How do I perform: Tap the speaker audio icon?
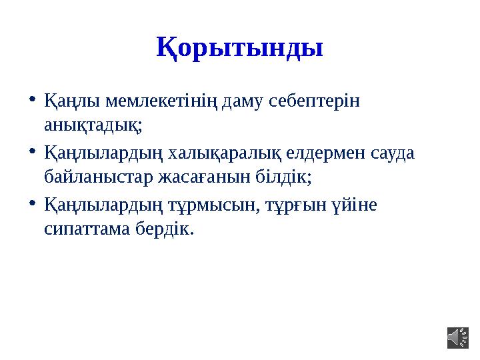(x=457, y=337)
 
